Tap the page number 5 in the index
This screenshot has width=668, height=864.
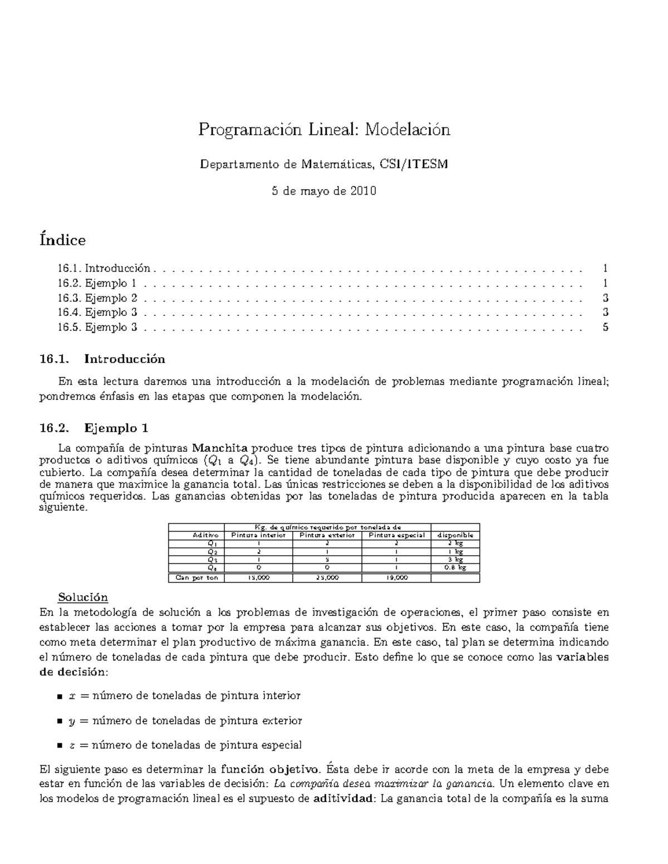click(x=605, y=327)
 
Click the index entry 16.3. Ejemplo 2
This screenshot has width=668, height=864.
click(x=97, y=298)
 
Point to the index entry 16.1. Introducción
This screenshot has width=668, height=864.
click(x=104, y=268)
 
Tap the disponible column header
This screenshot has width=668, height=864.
click(x=455, y=535)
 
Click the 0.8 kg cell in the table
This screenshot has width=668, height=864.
click(x=455, y=568)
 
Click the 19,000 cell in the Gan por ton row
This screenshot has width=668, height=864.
click(x=397, y=578)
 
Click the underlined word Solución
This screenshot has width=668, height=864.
click(x=82, y=598)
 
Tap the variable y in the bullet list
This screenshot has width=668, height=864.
click(x=71, y=722)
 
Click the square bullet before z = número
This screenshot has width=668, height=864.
click(x=60, y=745)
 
